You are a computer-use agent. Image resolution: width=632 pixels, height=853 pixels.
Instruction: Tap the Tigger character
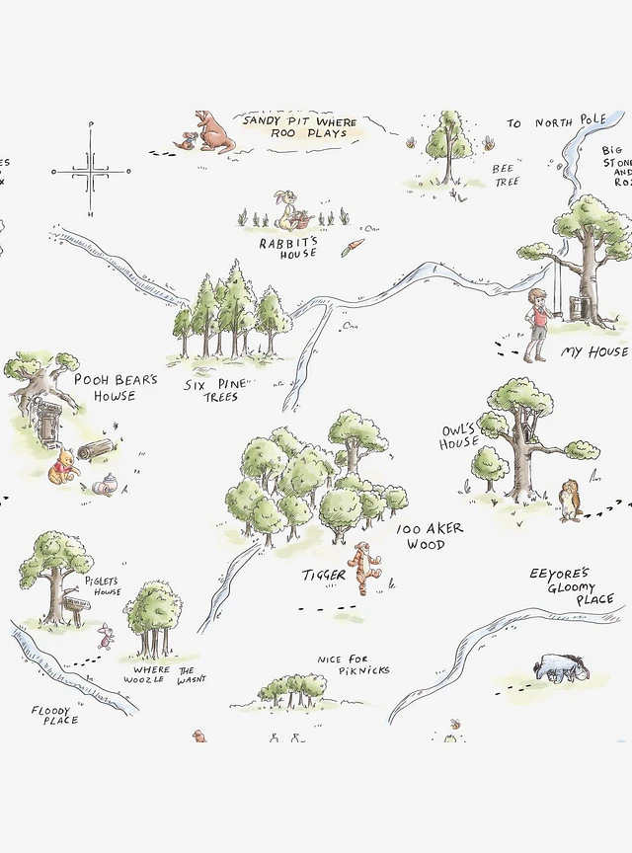click(368, 567)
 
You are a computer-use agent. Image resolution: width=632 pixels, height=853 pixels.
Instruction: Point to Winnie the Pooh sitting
click(64, 466)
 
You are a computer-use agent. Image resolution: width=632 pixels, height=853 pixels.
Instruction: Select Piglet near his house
click(105, 636)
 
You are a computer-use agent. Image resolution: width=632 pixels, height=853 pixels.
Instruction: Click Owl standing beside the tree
click(570, 499)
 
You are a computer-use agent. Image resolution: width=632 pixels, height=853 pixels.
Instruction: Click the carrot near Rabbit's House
click(353, 247)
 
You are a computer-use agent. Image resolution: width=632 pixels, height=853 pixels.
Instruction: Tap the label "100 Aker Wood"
click(431, 537)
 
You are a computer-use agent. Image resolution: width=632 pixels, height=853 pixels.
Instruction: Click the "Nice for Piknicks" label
click(353, 664)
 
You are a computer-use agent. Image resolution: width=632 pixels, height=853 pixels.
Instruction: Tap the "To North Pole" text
click(556, 122)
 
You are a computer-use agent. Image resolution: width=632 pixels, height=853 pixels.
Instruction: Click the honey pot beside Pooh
click(106, 484)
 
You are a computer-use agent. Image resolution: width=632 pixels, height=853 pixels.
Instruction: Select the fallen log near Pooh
click(99, 451)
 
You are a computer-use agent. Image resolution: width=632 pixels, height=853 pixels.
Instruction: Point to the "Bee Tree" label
click(505, 175)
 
